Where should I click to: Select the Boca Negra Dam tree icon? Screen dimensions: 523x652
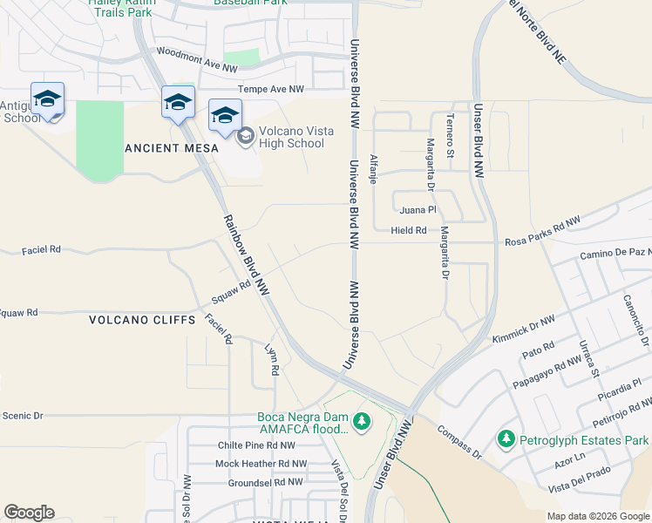[361, 423]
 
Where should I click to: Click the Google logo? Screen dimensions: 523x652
[29, 513]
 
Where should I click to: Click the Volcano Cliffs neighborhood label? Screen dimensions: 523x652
[142, 320]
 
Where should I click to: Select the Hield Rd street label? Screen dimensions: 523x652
[409, 231]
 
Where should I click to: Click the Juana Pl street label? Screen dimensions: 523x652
[418, 210]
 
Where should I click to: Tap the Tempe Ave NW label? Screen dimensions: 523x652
[272, 89]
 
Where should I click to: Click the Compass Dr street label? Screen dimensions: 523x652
[458, 441]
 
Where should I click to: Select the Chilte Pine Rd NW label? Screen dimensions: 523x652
[257, 445]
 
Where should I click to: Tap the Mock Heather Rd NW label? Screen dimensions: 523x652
[261, 464]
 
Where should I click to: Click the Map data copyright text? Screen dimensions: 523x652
[597, 516]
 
